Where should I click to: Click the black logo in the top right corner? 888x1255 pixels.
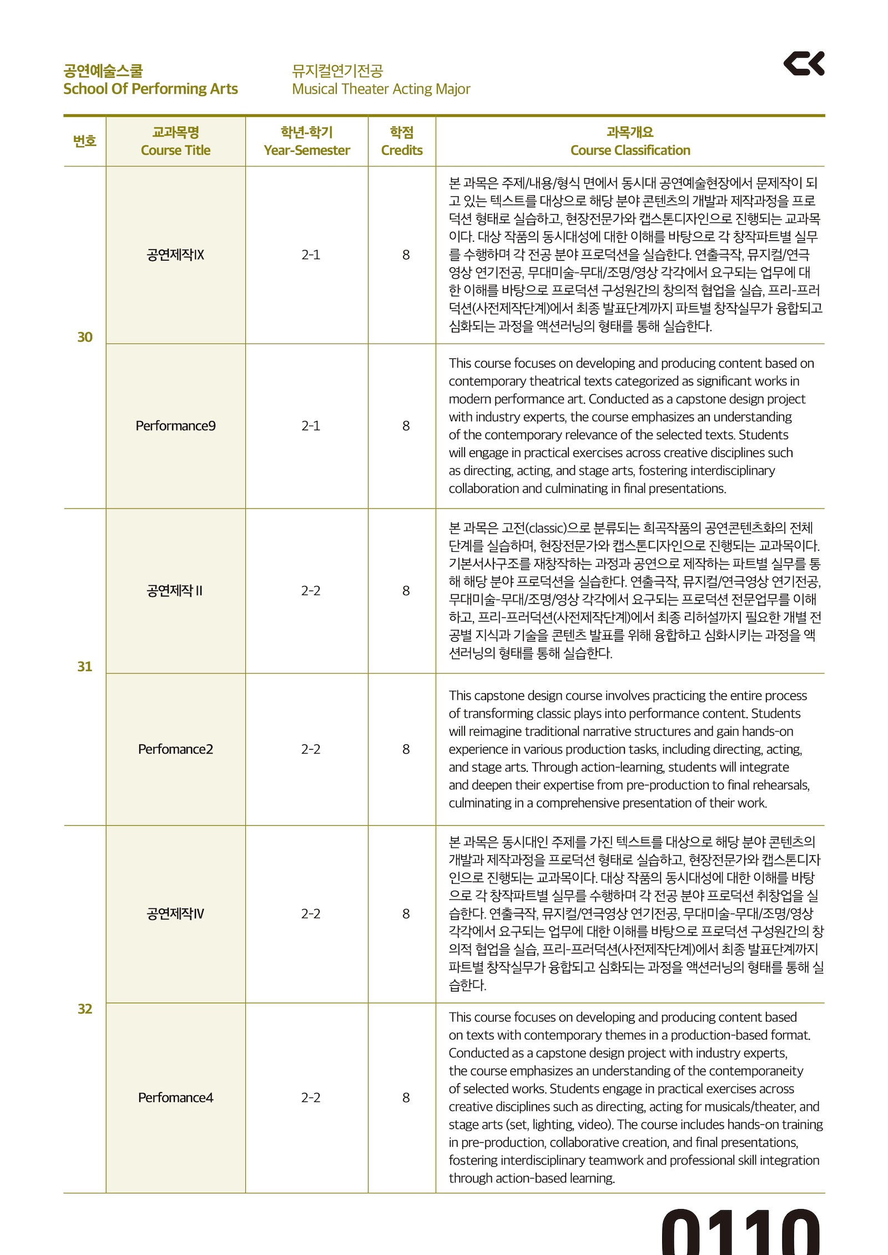[803, 63]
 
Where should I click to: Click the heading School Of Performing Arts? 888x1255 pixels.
[150, 89]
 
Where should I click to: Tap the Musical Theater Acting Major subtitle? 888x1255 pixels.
[381, 89]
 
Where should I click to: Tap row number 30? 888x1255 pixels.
[85, 337]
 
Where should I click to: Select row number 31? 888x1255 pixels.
[85, 667]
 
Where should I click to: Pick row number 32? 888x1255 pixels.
[85, 1009]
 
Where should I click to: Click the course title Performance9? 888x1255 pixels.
[175, 426]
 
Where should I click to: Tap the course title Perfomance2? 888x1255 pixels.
[175, 749]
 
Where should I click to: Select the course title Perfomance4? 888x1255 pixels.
[175, 1098]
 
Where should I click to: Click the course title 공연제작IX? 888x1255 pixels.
[175, 255]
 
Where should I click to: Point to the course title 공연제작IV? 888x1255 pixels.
[175, 913]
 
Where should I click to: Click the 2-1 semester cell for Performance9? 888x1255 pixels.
[311, 426]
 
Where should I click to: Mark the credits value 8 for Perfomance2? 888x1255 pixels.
[406, 749]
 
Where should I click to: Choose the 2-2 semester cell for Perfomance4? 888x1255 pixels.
[311, 1098]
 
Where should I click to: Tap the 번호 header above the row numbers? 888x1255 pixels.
[85, 141]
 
